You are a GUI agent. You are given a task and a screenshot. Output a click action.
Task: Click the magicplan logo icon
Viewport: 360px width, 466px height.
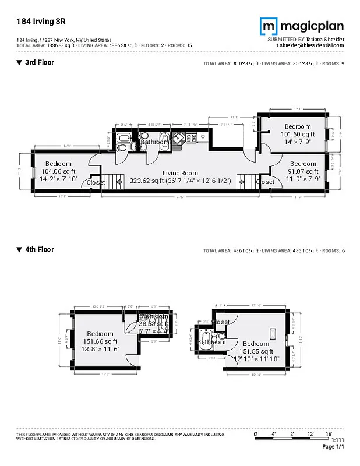point(268,26)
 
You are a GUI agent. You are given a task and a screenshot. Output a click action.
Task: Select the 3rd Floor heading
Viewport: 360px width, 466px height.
point(39,62)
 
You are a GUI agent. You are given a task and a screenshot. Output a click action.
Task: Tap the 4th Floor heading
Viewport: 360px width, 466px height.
point(39,249)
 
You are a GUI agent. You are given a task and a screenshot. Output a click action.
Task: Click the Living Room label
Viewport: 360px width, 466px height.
point(180,173)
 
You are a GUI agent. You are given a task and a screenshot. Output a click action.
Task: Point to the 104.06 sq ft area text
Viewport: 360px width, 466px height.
point(58,171)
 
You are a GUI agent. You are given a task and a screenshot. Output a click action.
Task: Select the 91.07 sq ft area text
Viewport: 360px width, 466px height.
point(303,171)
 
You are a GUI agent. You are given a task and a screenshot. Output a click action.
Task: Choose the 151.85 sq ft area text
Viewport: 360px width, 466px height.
point(256,351)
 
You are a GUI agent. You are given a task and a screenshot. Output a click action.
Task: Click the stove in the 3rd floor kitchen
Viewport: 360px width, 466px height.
point(190,138)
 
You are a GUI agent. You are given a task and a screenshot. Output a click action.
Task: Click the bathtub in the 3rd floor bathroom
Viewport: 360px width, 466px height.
point(124,139)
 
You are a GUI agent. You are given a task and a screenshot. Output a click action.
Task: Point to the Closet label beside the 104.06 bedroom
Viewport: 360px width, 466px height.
point(96,182)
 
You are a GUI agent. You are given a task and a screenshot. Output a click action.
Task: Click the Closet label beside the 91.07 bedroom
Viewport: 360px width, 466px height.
point(265,182)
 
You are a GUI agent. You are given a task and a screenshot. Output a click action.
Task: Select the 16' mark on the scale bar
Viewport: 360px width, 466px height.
point(329,435)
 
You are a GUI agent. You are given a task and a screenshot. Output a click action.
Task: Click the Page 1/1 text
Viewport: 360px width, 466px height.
point(334,447)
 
